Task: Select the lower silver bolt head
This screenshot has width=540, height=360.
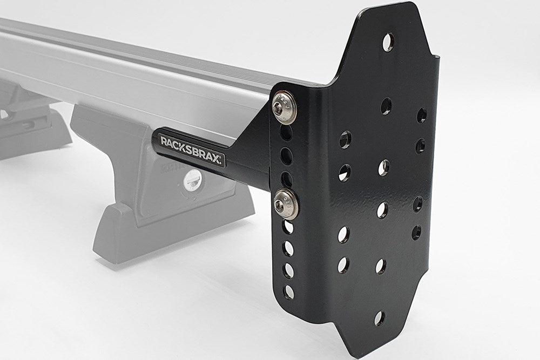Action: (x=283, y=202)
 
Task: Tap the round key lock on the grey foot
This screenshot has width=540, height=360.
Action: (x=191, y=180)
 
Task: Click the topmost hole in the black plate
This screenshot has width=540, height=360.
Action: (x=388, y=42)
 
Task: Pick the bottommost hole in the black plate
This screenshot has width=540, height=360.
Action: (x=380, y=318)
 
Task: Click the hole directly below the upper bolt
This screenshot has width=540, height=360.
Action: (x=287, y=132)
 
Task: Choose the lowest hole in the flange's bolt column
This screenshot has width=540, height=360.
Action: (x=289, y=292)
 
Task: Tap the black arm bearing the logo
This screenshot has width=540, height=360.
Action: (x=211, y=157)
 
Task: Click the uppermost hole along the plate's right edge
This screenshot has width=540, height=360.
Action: (x=422, y=115)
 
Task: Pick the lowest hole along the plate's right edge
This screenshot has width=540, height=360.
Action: (x=416, y=233)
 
